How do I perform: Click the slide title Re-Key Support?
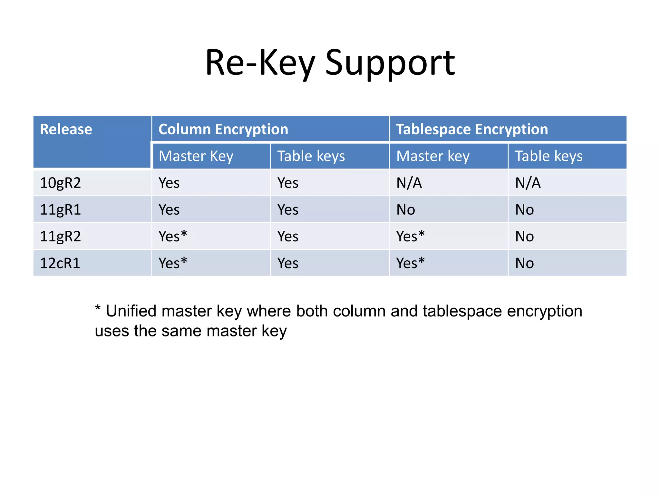click(x=330, y=63)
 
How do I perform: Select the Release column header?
click(x=66, y=129)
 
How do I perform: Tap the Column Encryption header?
click(x=223, y=129)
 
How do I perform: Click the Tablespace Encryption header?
click(x=472, y=129)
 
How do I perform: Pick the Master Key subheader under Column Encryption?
click(x=196, y=156)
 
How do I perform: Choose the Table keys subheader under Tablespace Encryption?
click(x=548, y=156)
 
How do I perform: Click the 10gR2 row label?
click(x=60, y=183)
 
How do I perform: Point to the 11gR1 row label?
click(x=60, y=210)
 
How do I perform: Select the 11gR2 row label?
click(x=60, y=237)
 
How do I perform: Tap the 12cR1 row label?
click(x=60, y=263)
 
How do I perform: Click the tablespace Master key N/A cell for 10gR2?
click(x=409, y=183)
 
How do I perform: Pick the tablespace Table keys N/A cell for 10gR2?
click(x=528, y=183)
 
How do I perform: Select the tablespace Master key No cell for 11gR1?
click(x=406, y=210)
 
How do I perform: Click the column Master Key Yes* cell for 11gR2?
click(x=173, y=237)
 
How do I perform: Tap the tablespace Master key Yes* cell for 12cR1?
click(x=411, y=263)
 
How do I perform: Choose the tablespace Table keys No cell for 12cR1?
click(x=525, y=263)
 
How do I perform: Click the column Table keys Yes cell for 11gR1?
click(x=288, y=210)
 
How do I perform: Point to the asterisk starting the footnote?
click(x=98, y=308)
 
